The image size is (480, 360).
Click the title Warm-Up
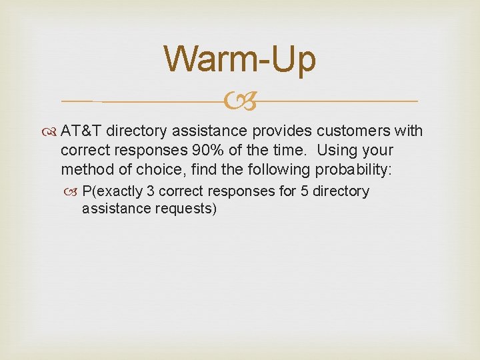tap(240, 59)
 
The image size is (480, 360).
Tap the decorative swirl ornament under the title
tap(241, 101)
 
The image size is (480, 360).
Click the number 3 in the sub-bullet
tap(151, 191)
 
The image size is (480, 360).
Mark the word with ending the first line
tap(409, 130)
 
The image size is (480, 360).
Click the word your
tap(377, 150)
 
